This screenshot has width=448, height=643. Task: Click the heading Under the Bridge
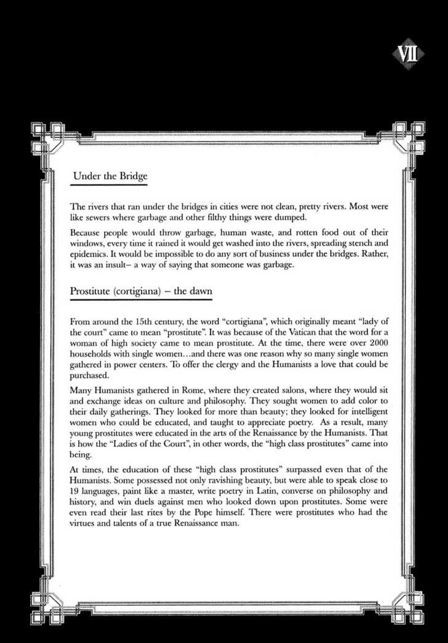[x=110, y=176]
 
